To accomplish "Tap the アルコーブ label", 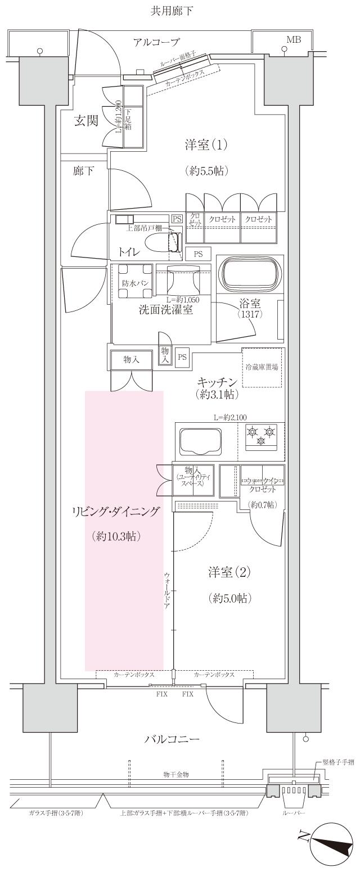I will pyautogui.click(x=156, y=42).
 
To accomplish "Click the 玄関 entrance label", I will pyautogui.click(x=87, y=121).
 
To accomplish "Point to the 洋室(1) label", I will pyautogui.click(x=206, y=145).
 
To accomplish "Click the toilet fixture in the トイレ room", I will pyautogui.click(x=163, y=242).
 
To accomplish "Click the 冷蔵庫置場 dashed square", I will pyautogui.click(x=261, y=367).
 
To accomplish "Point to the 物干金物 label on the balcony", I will pyautogui.click(x=175, y=774).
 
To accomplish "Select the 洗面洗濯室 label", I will pyautogui.click(x=166, y=309).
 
